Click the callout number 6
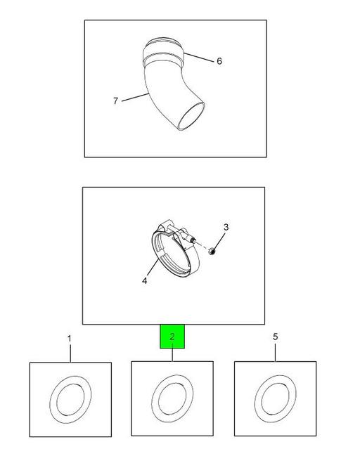point(219,61)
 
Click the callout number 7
point(115,100)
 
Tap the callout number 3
point(226,227)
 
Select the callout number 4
point(144,280)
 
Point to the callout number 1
point(69,339)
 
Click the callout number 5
point(275,337)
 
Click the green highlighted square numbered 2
point(172,337)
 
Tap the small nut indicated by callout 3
point(212,252)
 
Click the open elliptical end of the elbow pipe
point(191,116)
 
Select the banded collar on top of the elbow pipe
point(162,53)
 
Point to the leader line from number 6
point(198,58)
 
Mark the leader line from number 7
point(135,97)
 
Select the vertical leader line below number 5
point(275,353)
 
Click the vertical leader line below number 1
point(70,353)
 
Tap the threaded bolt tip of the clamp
point(193,240)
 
